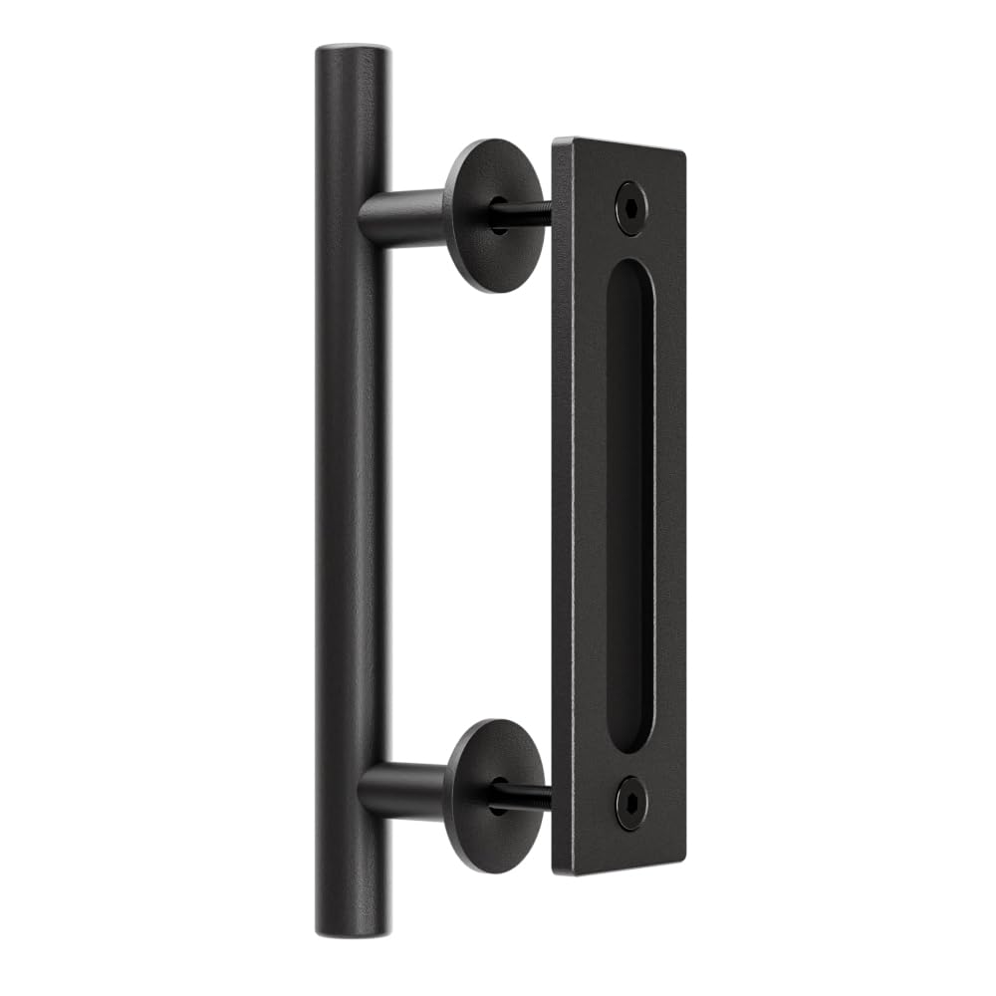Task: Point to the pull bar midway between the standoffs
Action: tap(351, 498)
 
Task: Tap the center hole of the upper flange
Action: tap(499, 215)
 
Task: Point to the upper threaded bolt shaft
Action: tap(528, 211)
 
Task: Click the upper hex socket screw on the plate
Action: tap(629, 207)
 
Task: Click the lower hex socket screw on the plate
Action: tap(629, 803)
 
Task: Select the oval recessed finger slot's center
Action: tap(629, 506)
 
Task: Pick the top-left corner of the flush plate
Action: tap(555, 139)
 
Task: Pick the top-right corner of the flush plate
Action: tap(684, 153)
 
